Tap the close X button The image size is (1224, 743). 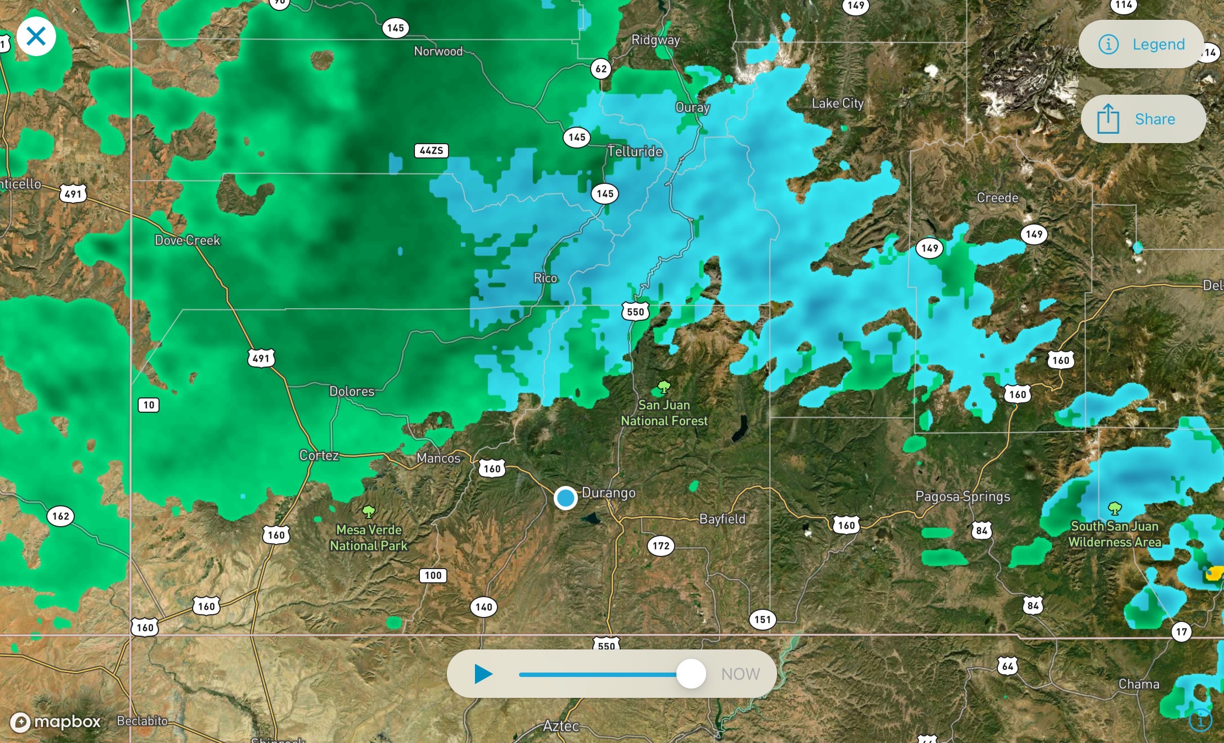[36, 37]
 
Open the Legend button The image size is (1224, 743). [1141, 44]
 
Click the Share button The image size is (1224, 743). [1143, 119]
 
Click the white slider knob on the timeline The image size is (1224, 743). [691, 674]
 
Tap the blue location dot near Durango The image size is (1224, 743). [565, 498]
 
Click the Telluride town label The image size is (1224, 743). [635, 151]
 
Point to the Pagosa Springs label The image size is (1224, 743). [963, 496]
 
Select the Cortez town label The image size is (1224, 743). [319, 456]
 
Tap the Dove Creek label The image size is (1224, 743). [187, 241]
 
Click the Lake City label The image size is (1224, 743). [838, 103]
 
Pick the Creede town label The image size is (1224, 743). [997, 198]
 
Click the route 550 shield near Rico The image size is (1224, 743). [635, 312]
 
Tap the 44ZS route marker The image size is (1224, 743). [431, 151]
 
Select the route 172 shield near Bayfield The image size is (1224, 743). [660, 546]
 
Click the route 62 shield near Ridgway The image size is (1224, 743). [601, 69]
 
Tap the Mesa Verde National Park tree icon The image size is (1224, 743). [369, 512]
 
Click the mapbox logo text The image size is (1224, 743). [67, 722]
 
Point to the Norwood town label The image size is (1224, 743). [438, 52]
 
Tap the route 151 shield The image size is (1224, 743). [762, 620]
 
